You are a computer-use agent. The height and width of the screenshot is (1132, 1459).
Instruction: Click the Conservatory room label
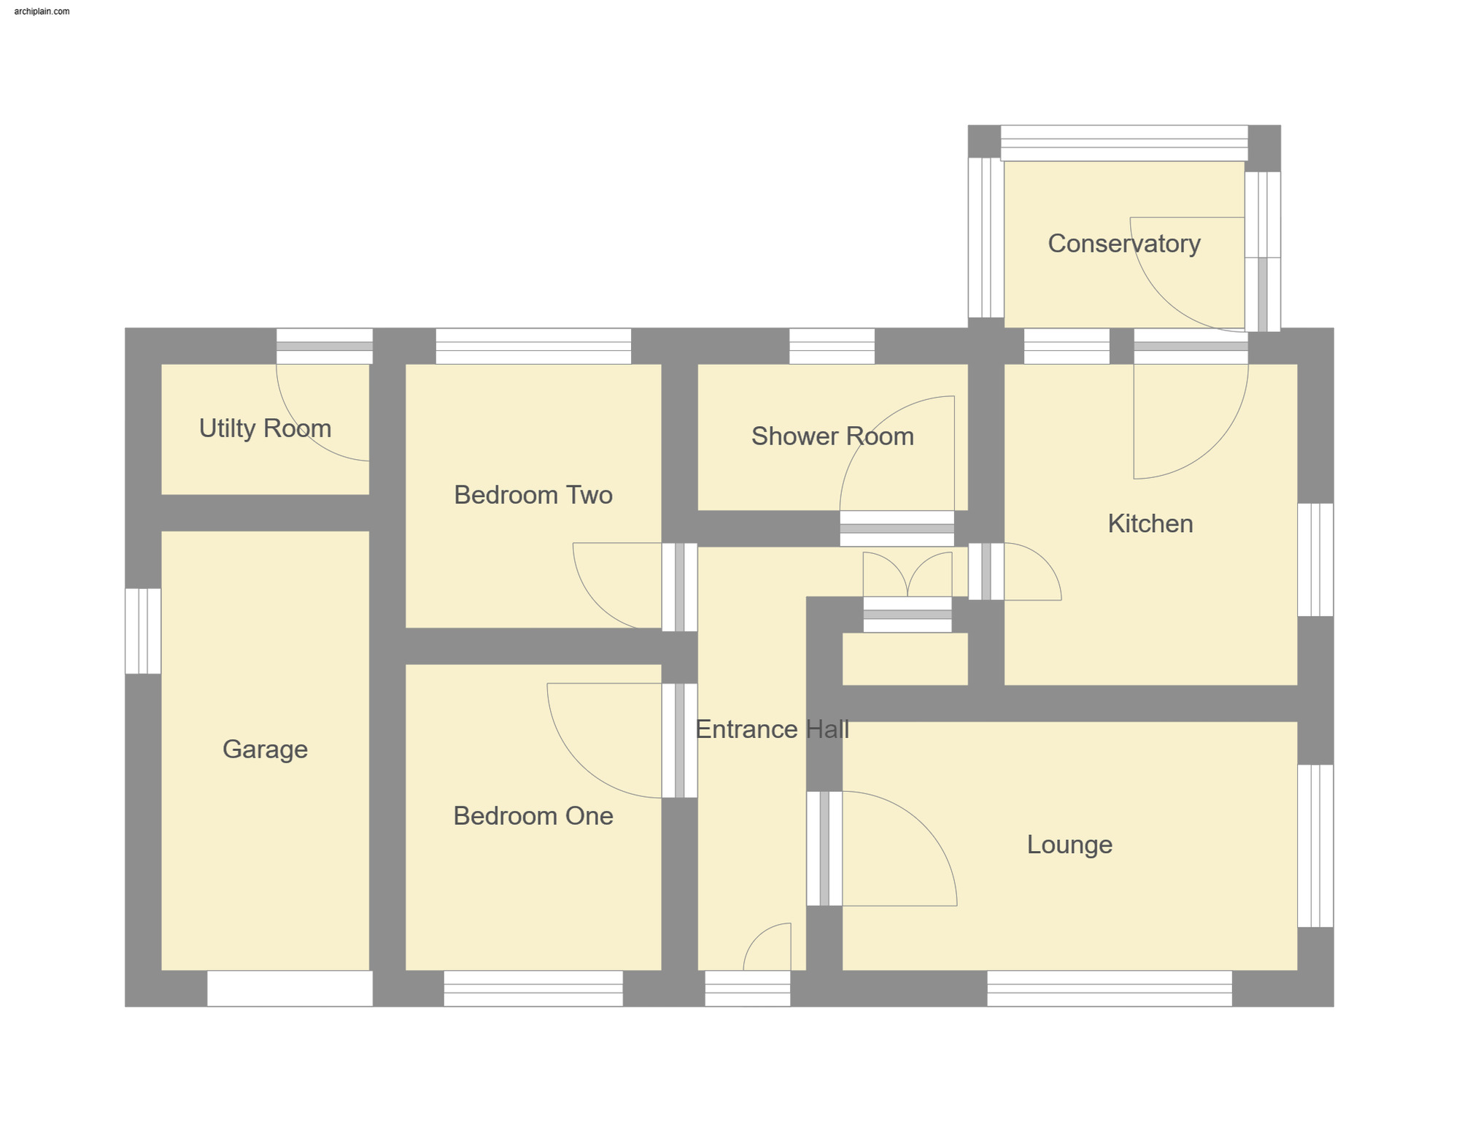1123,244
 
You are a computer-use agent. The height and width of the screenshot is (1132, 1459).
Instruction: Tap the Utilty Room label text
265,428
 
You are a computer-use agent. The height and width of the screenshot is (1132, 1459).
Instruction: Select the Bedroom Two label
533,495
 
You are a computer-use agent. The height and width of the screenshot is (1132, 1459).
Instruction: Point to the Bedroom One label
533,816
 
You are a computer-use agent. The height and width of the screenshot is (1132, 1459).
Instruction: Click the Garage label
265,750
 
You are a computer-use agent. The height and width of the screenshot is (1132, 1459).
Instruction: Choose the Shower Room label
832,436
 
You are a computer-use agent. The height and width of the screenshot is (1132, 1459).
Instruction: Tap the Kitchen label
1150,524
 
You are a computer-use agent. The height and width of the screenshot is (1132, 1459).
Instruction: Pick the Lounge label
1069,844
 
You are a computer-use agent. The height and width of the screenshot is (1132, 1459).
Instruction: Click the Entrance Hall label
772,729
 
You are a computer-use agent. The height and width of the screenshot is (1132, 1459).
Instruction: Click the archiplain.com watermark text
42,12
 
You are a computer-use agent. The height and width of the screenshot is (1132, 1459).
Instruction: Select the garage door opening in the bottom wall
290,988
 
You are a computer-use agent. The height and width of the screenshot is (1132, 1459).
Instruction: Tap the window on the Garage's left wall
143,631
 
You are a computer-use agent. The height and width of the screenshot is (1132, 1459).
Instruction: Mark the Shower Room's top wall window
832,346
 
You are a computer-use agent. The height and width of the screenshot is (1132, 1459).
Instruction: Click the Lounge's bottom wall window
1109,988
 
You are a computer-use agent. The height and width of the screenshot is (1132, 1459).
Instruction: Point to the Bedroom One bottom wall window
533,988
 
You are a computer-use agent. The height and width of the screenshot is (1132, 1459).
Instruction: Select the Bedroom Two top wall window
533,346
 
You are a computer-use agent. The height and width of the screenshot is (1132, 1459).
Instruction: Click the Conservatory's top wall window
1123,143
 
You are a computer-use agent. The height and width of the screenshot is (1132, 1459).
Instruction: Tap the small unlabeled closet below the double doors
905,658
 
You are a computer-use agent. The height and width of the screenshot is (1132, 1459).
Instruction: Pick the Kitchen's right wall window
1315,559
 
